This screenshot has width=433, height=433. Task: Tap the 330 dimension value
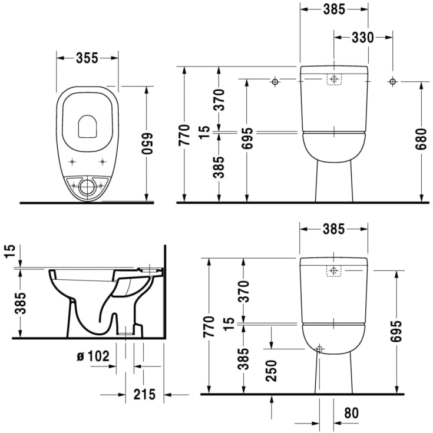[x=363, y=37]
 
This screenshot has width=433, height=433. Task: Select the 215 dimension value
[x=144, y=394]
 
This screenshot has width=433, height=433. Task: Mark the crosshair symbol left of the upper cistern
[x=274, y=82]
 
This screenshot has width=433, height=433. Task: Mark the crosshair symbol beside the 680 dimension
[x=392, y=82]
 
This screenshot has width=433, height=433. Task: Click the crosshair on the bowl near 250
[x=319, y=349]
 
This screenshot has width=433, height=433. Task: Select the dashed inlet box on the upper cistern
[x=334, y=80]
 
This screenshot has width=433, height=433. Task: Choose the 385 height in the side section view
[x=21, y=304]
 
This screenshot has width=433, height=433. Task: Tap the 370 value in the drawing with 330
[x=219, y=100]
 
